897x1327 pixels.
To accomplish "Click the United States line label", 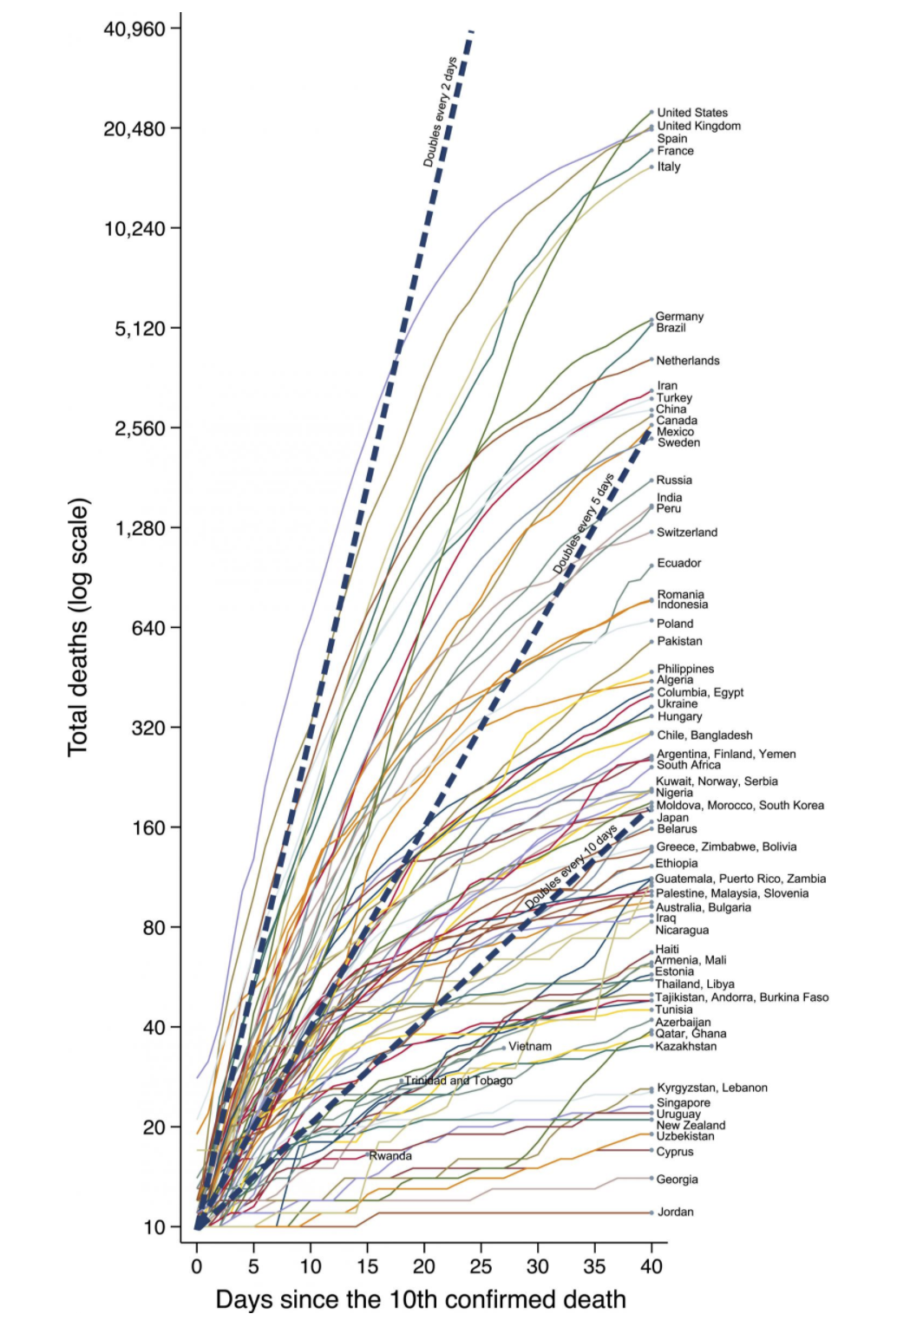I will (x=691, y=113).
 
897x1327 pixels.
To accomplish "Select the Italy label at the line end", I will (x=668, y=167).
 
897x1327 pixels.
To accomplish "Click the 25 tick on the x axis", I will (x=481, y=1266).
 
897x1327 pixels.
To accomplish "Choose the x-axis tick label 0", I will (x=197, y=1266).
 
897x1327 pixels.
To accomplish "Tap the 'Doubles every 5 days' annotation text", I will (x=584, y=524).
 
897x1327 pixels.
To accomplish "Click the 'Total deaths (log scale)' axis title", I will (x=79, y=627).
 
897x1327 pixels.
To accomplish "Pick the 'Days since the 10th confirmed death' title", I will (x=421, y=1300).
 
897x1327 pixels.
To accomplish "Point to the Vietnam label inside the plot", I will (x=529, y=1047).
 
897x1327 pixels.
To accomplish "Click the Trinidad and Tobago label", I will (x=458, y=1081).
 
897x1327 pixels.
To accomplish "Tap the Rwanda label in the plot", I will (x=390, y=1156).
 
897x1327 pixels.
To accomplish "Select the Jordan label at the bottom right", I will (x=675, y=1213).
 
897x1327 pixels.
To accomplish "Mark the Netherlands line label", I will (x=687, y=361).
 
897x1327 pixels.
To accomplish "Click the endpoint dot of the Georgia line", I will (x=651, y=1179).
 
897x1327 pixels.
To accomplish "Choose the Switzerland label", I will (x=686, y=533).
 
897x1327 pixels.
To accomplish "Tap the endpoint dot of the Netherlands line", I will (x=651, y=359).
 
